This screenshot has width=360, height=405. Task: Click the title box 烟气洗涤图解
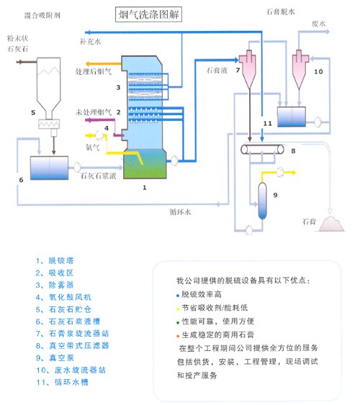click(148, 14)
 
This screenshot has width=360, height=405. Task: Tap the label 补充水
click(90, 41)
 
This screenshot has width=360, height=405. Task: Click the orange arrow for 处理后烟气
click(104, 64)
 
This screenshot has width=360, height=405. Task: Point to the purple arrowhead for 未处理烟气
click(87, 120)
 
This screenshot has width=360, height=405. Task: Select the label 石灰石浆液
click(98, 176)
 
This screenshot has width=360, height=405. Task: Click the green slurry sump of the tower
click(145, 165)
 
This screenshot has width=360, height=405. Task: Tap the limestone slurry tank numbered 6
click(50, 168)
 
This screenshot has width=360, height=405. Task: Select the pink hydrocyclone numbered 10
click(300, 69)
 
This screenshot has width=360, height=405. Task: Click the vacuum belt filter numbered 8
click(262, 150)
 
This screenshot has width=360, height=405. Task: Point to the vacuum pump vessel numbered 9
click(262, 201)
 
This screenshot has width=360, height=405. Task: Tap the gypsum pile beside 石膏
click(332, 224)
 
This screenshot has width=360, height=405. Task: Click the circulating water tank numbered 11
click(292, 117)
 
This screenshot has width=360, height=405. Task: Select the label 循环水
click(180, 212)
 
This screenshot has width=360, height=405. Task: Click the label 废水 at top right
click(318, 24)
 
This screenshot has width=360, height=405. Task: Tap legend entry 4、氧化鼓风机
click(63, 297)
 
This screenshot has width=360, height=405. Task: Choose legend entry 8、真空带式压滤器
click(73, 345)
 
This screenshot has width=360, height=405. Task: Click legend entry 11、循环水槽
click(63, 382)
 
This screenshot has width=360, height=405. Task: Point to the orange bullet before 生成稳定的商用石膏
click(178, 336)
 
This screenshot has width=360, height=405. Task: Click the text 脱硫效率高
click(202, 294)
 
